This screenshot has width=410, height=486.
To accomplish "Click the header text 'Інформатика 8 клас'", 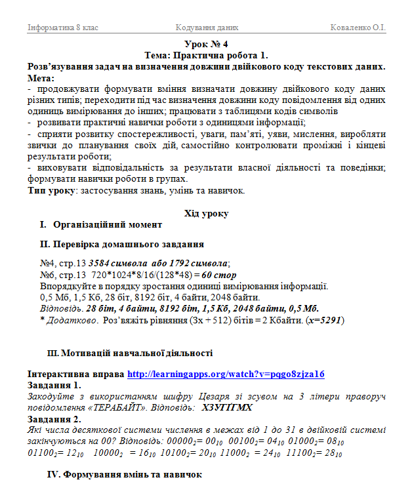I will (x=63, y=28).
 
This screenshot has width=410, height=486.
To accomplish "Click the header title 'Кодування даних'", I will (x=207, y=28).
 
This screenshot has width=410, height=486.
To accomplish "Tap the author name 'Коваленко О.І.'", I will (x=358, y=28).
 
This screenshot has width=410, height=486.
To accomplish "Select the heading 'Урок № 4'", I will (x=206, y=45).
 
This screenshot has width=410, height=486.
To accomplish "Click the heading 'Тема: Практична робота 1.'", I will (x=206, y=55).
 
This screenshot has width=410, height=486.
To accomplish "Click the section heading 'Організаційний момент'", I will (x=108, y=225).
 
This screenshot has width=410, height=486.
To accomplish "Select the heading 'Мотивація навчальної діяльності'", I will (x=137, y=353).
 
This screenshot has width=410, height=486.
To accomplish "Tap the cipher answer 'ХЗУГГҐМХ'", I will (x=227, y=407).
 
